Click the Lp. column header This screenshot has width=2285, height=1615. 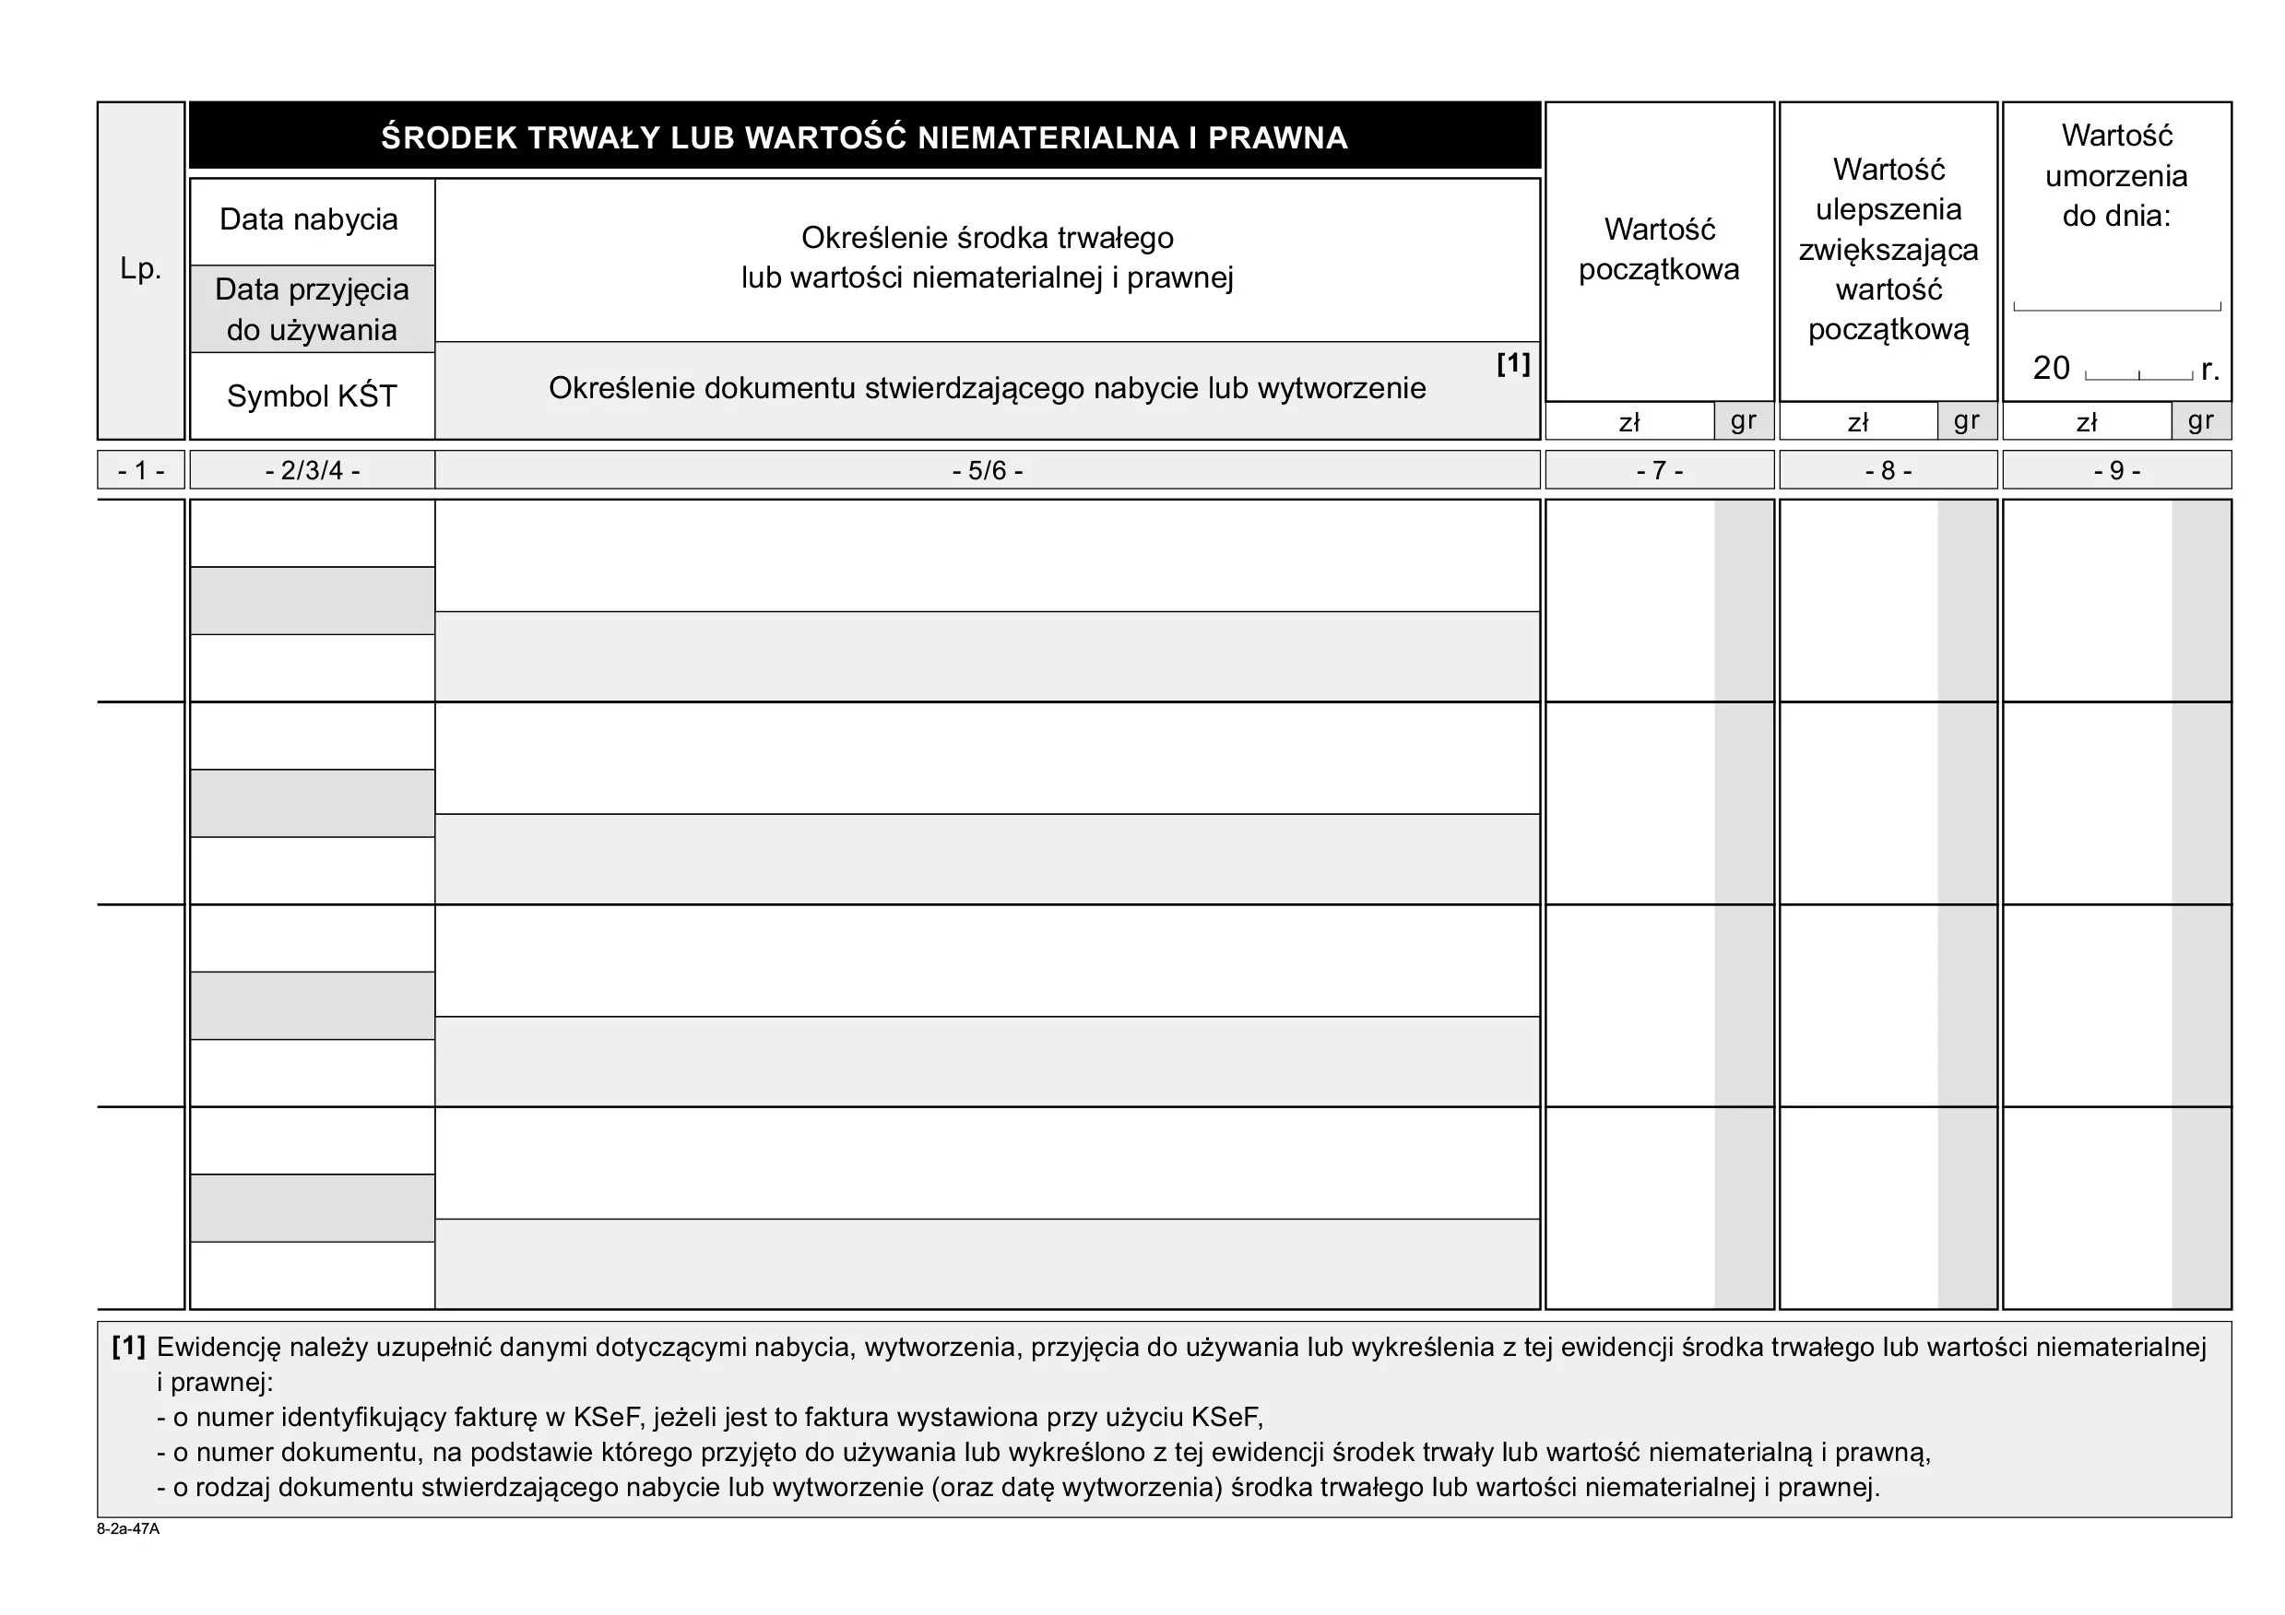coord(140,268)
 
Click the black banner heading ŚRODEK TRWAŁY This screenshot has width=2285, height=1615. coord(864,137)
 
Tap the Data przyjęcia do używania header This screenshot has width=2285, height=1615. coord(312,310)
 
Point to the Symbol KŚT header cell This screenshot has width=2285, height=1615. coord(312,396)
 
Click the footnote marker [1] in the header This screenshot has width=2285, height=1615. coord(1512,363)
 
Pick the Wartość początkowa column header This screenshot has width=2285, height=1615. coord(1659,250)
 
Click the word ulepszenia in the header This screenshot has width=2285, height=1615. coord(1888,210)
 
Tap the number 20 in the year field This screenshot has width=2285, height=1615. coord(2050,368)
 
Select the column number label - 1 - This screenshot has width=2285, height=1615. coord(140,470)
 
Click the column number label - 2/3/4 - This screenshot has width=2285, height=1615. coord(312,470)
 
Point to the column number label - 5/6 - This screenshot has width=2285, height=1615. coord(988,470)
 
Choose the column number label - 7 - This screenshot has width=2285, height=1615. coord(1659,470)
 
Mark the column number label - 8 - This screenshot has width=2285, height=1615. coord(1888,470)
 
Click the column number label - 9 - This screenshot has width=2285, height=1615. coord(2117,470)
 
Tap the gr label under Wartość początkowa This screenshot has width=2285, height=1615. coord(1744,421)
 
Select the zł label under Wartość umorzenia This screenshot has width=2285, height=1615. coord(2087,423)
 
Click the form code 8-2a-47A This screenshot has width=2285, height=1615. coord(127,1529)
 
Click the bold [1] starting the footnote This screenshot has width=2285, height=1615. coord(128,1348)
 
